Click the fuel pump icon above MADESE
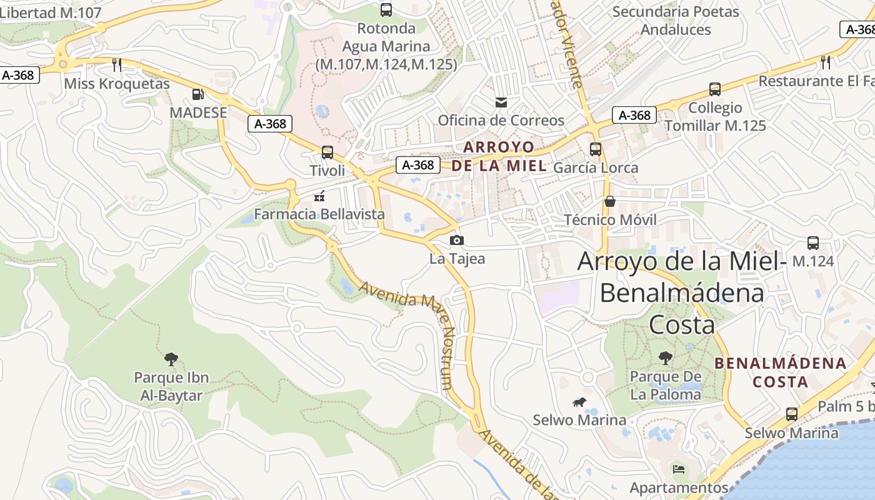click(197, 94)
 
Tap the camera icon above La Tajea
click(457, 240)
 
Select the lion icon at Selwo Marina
click(579, 402)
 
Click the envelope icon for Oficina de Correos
click(501, 102)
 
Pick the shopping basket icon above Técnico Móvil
click(609, 201)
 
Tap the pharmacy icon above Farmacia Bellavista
click(319, 197)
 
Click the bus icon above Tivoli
click(327, 152)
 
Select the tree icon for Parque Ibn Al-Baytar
click(171, 359)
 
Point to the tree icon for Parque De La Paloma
click(666, 358)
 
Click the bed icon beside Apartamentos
click(679, 469)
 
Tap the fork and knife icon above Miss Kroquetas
click(116, 64)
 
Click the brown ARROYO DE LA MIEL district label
click(499, 157)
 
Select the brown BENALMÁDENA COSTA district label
click(781, 372)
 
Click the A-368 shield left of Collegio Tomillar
click(634, 115)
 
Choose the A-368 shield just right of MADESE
click(271, 124)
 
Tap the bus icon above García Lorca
click(596, 149)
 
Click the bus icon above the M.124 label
click(812, 243)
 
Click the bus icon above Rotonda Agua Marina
click(386, 10)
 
